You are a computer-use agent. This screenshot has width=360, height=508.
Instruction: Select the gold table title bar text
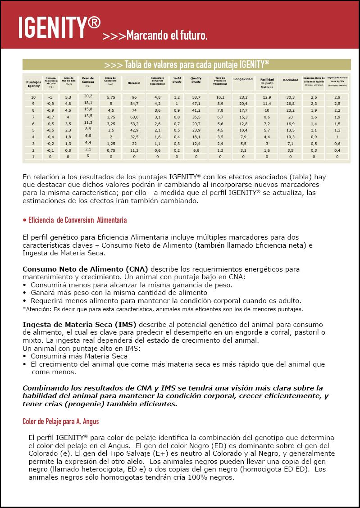187,64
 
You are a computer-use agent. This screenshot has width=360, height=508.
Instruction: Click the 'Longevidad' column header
243,79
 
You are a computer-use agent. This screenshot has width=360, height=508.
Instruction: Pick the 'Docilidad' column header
290,80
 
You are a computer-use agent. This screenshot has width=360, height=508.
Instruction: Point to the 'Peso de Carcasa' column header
88,81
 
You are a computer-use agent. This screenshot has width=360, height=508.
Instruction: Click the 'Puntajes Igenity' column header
33,83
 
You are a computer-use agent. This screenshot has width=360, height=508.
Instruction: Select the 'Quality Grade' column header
196,80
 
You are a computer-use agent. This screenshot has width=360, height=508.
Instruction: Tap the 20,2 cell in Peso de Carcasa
88,96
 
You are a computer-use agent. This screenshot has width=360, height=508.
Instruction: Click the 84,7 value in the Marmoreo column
134,103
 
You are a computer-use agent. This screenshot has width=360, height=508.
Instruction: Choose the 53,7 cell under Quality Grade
196,97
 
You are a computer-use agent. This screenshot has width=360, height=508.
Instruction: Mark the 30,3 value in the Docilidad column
290,97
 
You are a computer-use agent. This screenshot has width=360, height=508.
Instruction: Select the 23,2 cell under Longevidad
243,97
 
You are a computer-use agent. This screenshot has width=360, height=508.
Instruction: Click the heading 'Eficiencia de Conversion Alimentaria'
75,220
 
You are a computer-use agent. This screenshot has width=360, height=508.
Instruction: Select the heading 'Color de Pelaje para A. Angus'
61,422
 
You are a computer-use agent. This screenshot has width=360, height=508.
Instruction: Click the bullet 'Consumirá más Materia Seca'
79,356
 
